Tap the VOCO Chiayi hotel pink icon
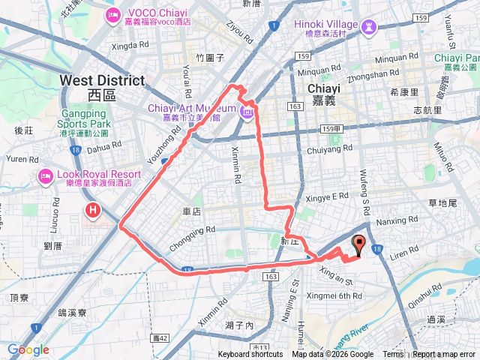pos(113,14)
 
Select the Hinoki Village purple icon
pos(367,28)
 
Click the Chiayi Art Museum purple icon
pos(247,112)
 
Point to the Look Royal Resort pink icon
pos(44,176)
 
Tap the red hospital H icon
pos(93,210)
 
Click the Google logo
pos(28,350)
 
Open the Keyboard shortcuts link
pos(250,355)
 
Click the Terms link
pos(393,355)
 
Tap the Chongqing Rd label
pos(193,229)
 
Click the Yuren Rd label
pos(21,158)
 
